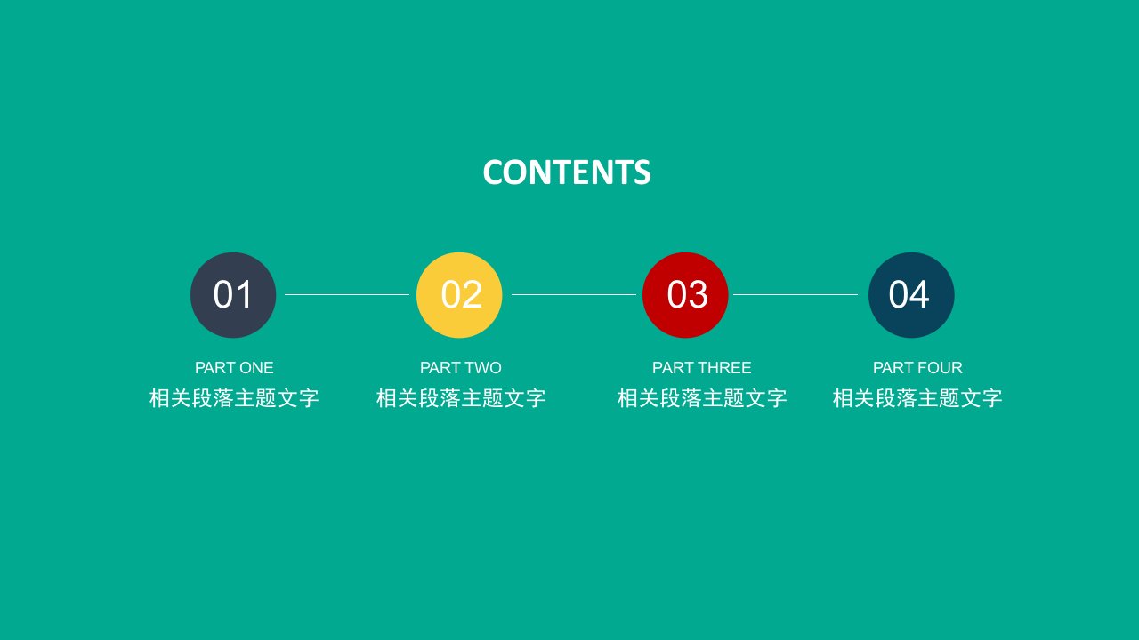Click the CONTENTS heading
tap(567, 172)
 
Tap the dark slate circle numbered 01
tap(233, 295)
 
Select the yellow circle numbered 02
tap(459, 295)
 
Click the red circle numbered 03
tap(685, 295)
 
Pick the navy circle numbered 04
tap(911, 295)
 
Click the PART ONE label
tap(234, 368)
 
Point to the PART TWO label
tap(461, 368)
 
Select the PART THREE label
tap(702, 368)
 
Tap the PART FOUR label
tap(917, 368)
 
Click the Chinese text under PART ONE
tap(234, 397)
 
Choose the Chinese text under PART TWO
tap(461, 397)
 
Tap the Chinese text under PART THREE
tap(702, 397)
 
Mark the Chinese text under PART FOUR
tap(917, 397)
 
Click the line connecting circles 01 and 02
tap(347, 294)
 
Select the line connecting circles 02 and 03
tap(574, 294)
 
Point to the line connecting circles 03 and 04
tap(796, 294)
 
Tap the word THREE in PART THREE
tap(725, 368)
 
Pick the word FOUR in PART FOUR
tap(941, 368)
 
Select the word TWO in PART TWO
tap(483, 368)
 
